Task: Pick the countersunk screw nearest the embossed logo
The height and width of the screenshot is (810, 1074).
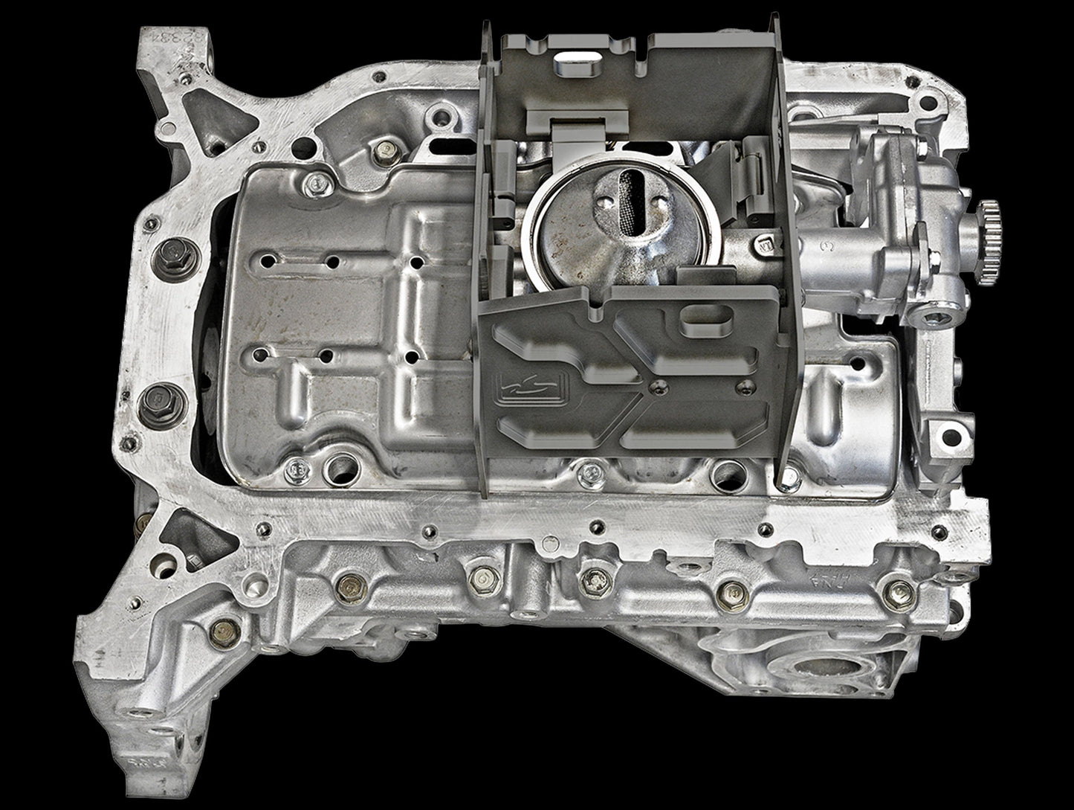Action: pyautogui.click(x=656, y=385)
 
